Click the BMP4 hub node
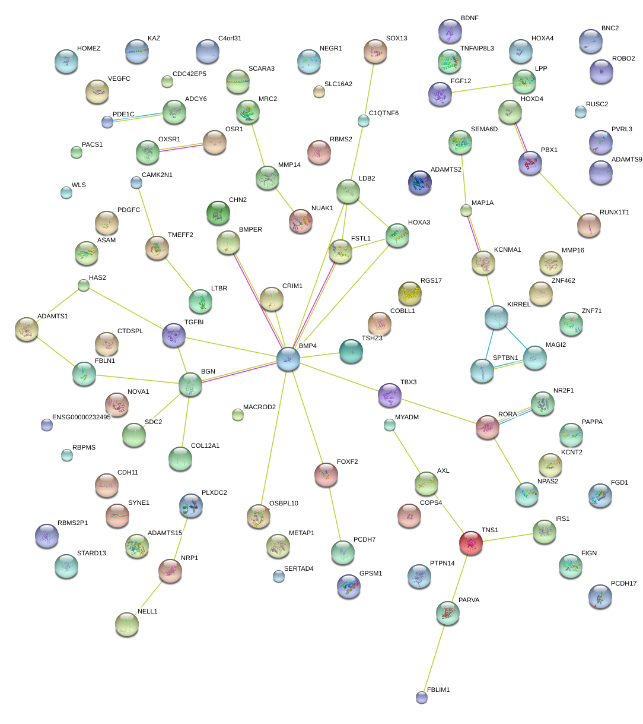(x=288, y=359)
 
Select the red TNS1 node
(x=471, y=542)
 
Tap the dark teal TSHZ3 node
(x=351, y=351)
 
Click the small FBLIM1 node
(x=422, y=697)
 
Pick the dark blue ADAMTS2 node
(x=420, y=182)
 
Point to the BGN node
(x=190, y=385)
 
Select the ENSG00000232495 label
(x=81, y=418)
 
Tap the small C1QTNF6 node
(x=364, y=121)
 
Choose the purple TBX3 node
(x=390, y=396)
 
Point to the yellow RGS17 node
(x=410, y=293)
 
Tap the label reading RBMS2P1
(x=72, y=523)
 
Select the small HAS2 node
(x=84, y=286)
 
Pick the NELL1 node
(x=126, y=624)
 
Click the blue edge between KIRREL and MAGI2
(x=515, y=336)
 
